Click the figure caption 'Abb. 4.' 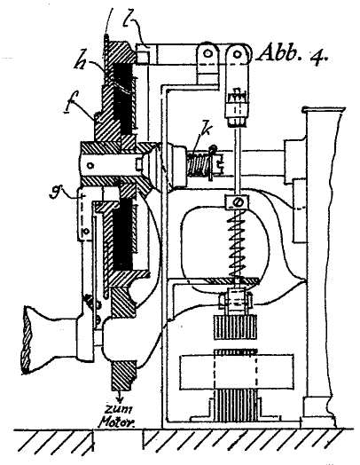click(x=293, y=53)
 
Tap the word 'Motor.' click(x=117, y=422)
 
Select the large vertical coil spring click(x=237, y=245)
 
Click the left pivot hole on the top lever click(x=208, y=53)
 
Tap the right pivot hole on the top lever click(x=237, y=53)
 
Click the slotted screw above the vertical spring click(x=239, y=202)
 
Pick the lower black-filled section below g click(x=122, y=234)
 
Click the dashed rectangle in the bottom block click(x=236, y=372)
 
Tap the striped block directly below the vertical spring click(x=235, y=327)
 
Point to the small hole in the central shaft click(x=91, y=165)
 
